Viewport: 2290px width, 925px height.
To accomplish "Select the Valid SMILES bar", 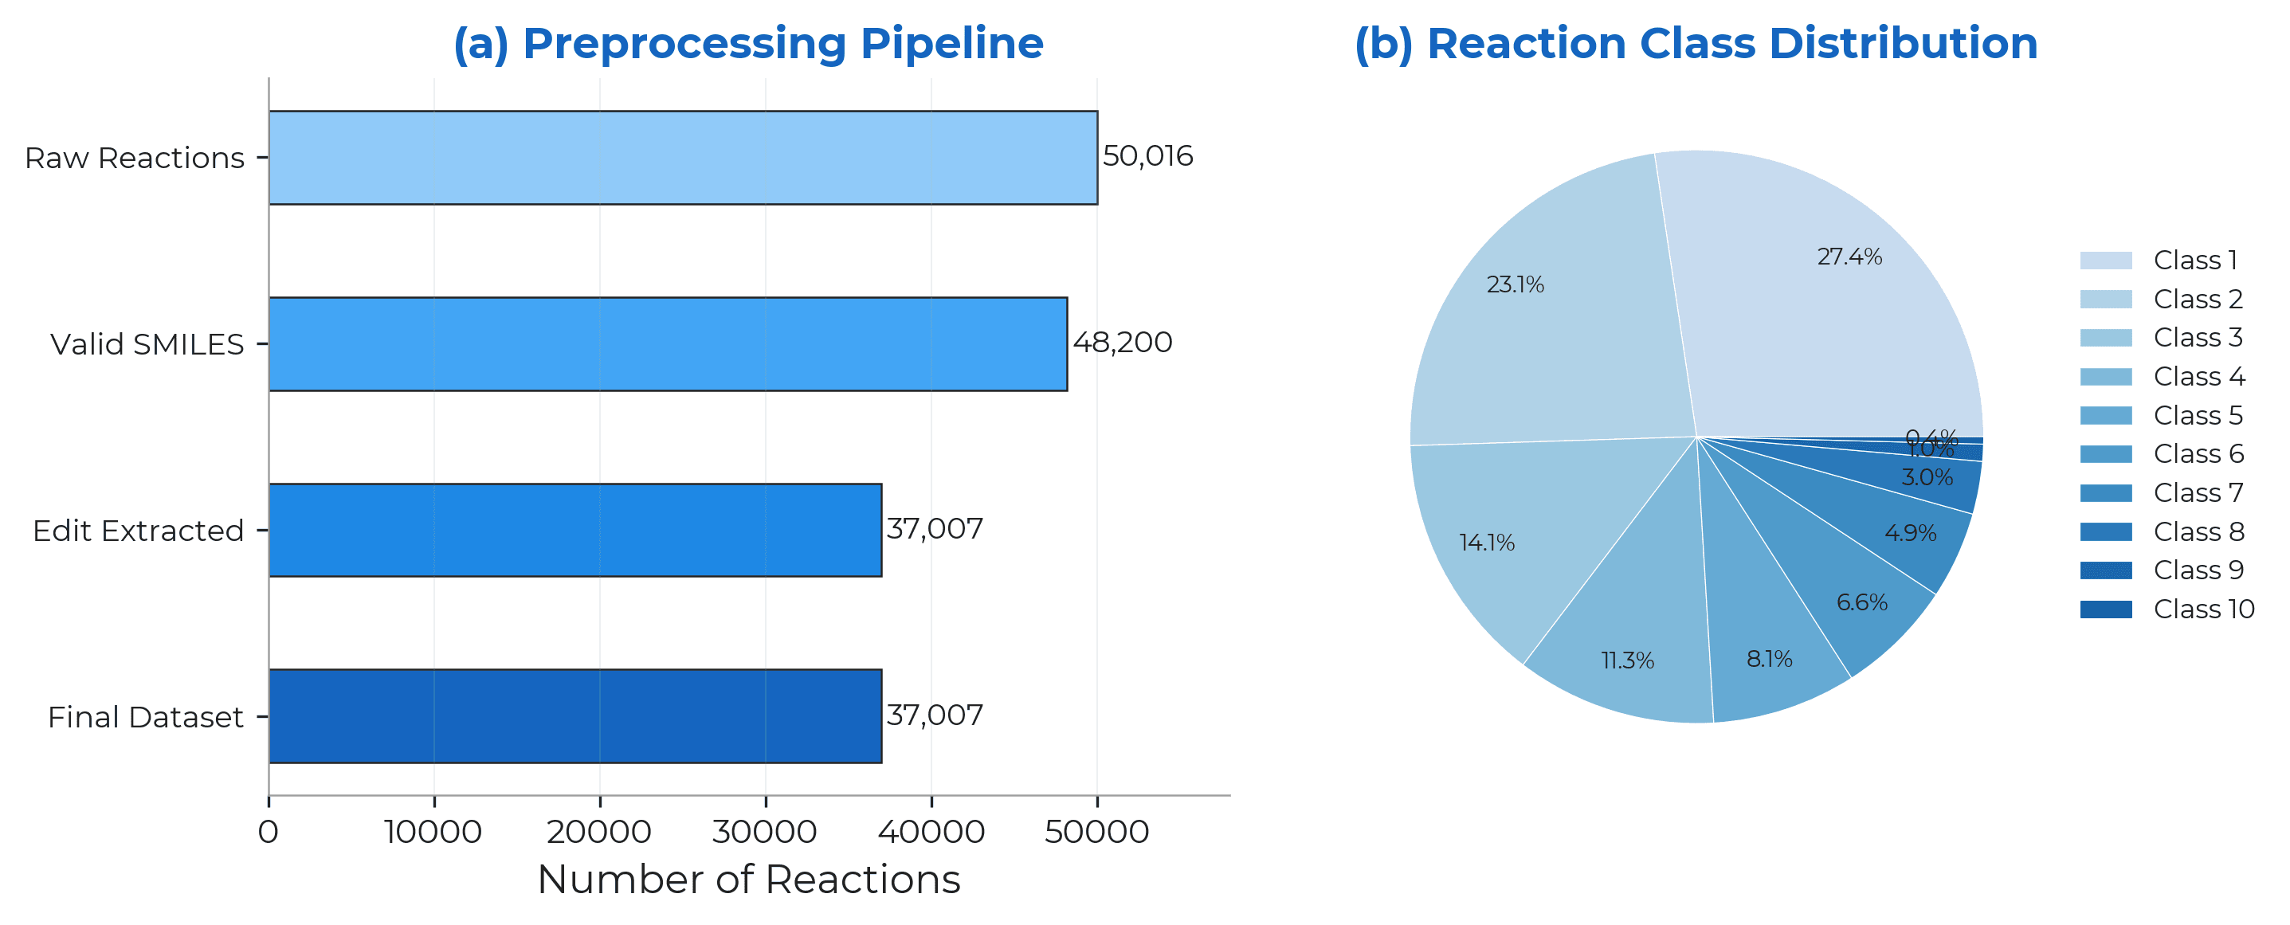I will tap(668, 344).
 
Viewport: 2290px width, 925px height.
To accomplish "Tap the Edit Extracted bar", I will tap(575, 531).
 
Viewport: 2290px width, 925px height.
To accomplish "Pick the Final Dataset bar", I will tap(575, 716).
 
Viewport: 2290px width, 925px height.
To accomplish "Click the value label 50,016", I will tap(1147, 156).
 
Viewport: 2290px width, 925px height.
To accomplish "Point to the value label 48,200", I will tap(1123, 342).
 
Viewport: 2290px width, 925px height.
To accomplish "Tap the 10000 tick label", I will tap(433, 832).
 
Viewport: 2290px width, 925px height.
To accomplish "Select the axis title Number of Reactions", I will tap(748, 880).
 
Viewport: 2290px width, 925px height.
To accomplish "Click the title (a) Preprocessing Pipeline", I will tap(747, 43).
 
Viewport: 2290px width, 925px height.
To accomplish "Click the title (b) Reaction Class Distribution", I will tap(1696, 43).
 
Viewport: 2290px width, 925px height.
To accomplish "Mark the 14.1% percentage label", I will tap(1486, 543).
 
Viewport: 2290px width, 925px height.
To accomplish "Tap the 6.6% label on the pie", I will tap(1861, 602).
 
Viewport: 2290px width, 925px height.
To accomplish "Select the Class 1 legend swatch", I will tap(2105, 261).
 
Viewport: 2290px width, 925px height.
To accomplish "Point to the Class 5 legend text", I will tap(2198, 416).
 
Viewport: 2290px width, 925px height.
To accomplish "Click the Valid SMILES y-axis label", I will tap(147, 345).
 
